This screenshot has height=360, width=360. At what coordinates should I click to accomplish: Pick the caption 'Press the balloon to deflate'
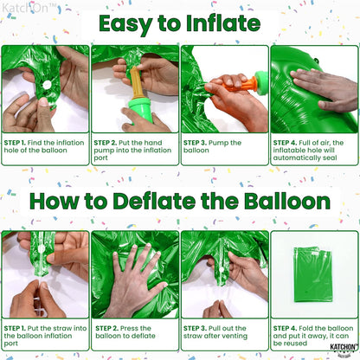click(x=134, y=333)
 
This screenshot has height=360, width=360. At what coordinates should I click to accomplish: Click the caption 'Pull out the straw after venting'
click(x=223, y=333)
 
